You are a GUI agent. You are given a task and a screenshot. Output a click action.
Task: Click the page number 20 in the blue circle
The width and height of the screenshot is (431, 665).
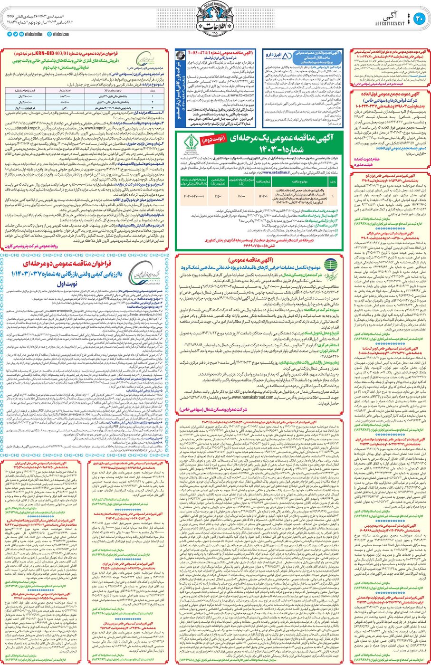click(x=419, y=19)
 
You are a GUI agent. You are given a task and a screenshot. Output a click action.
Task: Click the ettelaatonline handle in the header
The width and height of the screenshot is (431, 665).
click(x=32, y=34)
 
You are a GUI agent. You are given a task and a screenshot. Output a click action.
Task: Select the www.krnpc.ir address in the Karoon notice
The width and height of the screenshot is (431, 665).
click(x=106, y=128)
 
